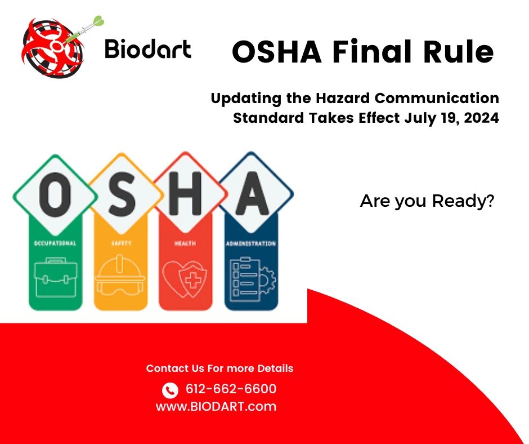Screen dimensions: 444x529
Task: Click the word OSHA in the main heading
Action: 277,52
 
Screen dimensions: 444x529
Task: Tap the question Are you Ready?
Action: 427,201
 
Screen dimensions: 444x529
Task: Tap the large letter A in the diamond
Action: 255,195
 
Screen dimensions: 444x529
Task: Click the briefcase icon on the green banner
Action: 55,277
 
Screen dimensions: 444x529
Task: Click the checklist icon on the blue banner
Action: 251,277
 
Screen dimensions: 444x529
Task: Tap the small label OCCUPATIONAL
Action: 55,243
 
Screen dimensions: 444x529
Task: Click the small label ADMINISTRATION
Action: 251,243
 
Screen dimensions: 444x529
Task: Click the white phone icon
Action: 170,390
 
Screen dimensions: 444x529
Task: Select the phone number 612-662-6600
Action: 231,389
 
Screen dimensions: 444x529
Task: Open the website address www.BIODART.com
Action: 216,406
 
